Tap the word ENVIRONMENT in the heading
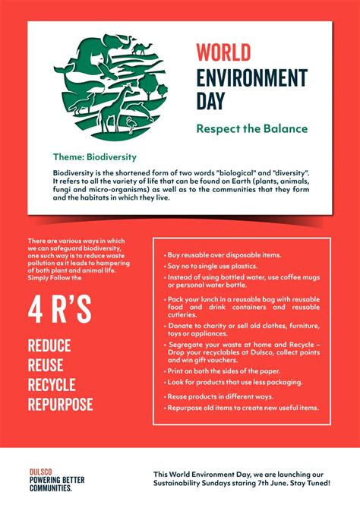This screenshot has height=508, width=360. (x=251, y=77)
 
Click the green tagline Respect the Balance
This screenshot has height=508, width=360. (x=251, y=128)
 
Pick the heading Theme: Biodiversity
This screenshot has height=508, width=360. (x=94, y=157)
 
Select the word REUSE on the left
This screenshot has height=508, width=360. (x=45, y=365)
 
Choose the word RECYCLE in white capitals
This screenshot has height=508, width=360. (x=52, y=384)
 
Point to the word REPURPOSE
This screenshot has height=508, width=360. (x=60, y=404)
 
